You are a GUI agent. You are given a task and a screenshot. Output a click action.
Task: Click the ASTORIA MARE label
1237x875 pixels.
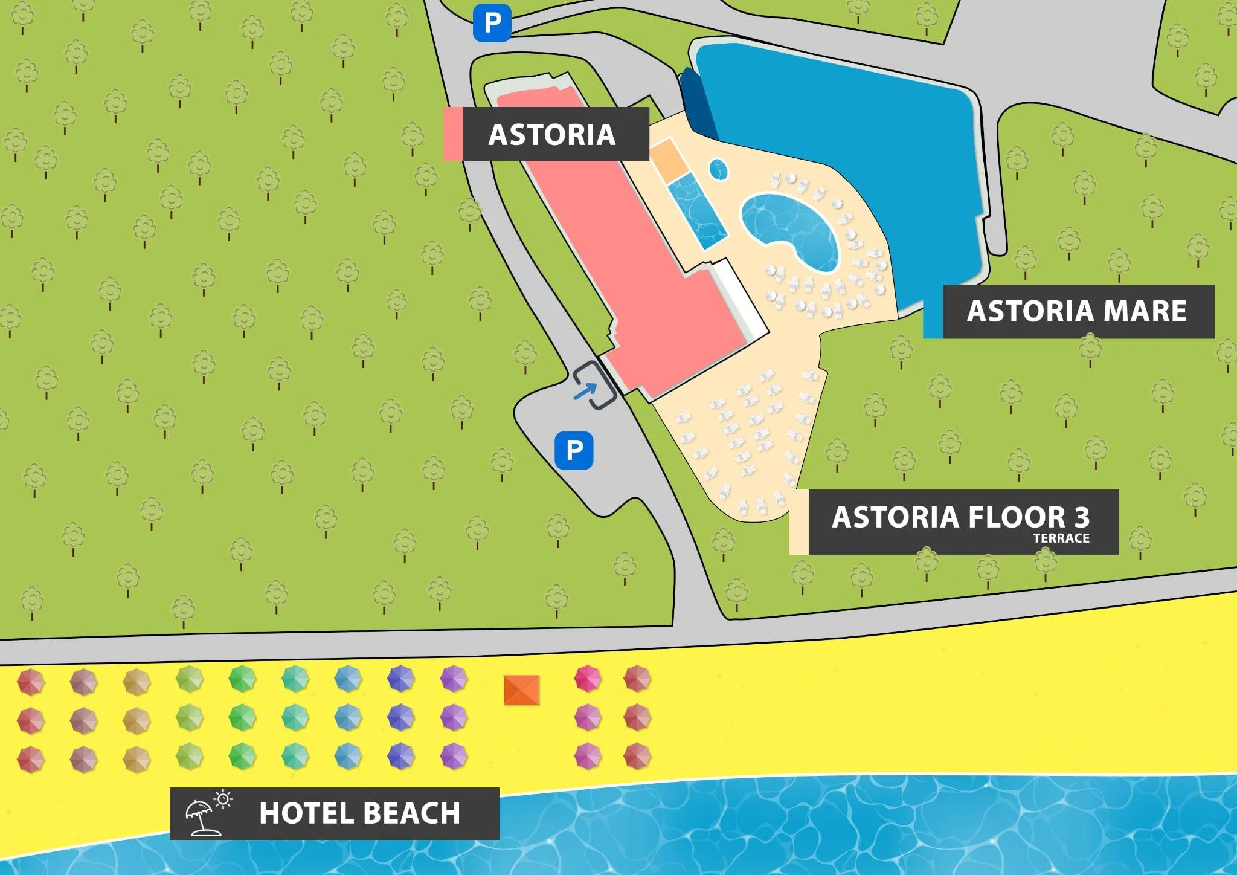(1077, 311)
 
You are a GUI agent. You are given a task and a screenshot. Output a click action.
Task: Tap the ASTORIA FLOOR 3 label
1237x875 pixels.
(960, 517)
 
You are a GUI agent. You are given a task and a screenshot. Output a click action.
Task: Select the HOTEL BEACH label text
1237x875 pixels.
(359, 813)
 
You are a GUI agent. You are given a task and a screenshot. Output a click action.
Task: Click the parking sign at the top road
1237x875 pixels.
(492, 24)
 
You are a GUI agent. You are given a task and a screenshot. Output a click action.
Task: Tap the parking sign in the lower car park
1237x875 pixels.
(574, 450)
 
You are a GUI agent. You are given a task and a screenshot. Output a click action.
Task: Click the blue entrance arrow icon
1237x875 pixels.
(585, 392)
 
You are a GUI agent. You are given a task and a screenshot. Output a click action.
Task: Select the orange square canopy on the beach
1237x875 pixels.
(521, 690)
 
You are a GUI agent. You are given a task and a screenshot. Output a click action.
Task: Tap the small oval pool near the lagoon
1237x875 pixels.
(718, 169)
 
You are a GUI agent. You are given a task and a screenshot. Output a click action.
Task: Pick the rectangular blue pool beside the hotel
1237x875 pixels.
(697, 210)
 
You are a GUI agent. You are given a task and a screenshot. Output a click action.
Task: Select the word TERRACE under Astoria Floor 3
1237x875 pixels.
(1061, 538)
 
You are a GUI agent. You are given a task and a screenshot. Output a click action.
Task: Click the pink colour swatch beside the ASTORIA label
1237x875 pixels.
(453, 134)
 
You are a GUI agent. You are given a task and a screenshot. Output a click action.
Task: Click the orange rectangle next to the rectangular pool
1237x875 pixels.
(668, 159)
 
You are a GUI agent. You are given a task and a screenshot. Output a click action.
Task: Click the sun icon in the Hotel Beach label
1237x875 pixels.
(223, 799)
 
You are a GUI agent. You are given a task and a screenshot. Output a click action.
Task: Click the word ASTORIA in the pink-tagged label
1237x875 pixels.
(551, 134)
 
